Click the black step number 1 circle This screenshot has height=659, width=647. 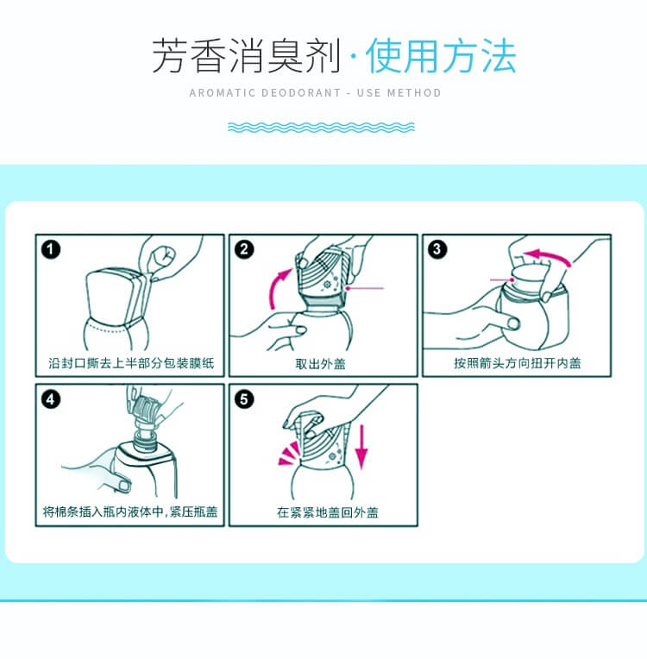pyautogui.click(x=51, y=249)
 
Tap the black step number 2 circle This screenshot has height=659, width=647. pyautogui.click(x=244, y=249)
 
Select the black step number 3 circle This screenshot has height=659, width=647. pyautogui.click(x=437, y=249)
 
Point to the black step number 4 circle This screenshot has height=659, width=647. pyautogui.click(x=51, y=399)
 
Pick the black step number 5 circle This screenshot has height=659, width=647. pyautogui.click(x=244, y=399)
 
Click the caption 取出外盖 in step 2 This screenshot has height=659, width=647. pyautogui.click(x=320, y=363)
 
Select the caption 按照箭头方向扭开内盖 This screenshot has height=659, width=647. pyautogui.click(x=517, y=363)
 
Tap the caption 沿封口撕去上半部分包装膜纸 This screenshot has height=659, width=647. pyautogui.click(x=131, y=362)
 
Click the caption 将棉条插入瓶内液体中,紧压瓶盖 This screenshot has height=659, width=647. pyautogui.click(x=130, y=512)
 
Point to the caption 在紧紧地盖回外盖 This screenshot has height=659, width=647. pyautogui.click(x=328, y=512)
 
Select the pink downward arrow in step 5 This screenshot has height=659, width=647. pyautogui.click(x=361, y=447)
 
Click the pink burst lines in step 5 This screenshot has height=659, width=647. pyautogui.click(x=289, y=455)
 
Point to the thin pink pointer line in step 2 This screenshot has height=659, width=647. pyautogui.click(x=365, y=288)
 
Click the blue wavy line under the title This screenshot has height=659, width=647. pyautogui.click(x=321, y=127)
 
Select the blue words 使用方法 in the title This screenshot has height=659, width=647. pyautogui.click(x=441, y=56)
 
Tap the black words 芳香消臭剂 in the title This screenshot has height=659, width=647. pyautogui.click(x=246, y=56)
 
